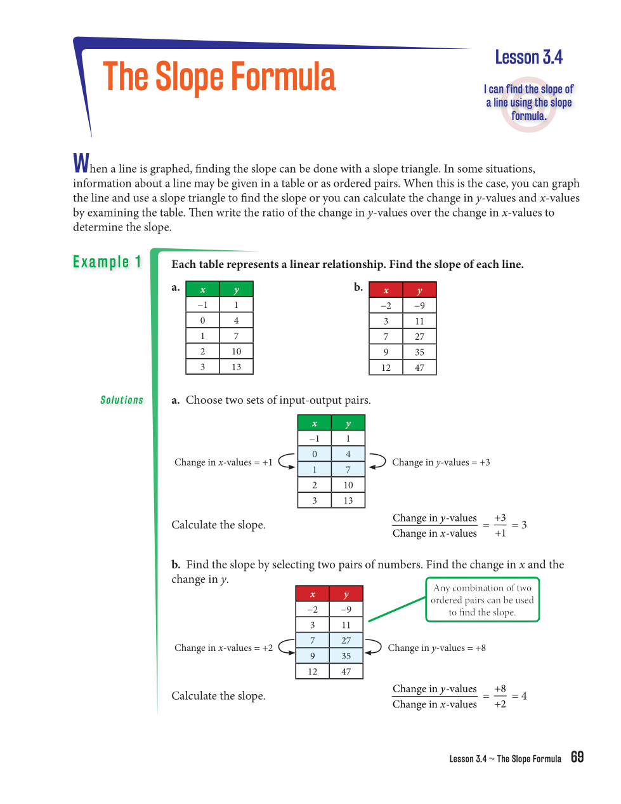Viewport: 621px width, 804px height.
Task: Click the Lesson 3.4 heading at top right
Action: pyautogui.click(x=528, y=58)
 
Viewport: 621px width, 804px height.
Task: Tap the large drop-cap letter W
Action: pyautogui.click(x=81, y=163)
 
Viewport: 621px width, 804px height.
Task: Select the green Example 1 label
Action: pyautogui.click(x=107, y=262)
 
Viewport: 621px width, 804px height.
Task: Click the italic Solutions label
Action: pyautogui.click(x=122, y=400)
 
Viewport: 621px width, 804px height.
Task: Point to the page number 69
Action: pyautogui.click(x=577, y=757)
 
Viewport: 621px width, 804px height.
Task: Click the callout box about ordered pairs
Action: pyautogui.click(x=482, y=600)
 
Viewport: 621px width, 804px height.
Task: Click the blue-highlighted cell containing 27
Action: pyautogui.click(x=346, y=640)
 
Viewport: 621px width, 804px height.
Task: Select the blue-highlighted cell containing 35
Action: pyautogui.click(x=346, y=656)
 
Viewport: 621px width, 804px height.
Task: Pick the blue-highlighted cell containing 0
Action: pyautogui.click(x=315, y=454)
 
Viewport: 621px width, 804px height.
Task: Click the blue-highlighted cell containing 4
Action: pyautogui.click(x=348, y=454)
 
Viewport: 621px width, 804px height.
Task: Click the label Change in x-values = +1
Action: pyautogui.click(x=223, y=462)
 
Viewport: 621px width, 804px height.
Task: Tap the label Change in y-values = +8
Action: pyautogui.click(x=436, y=648)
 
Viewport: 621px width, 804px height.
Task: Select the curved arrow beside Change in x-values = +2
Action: pyautogui.click(x=287, y=647)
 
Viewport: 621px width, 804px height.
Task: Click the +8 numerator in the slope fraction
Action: pyautogui.click(x=500, y=688)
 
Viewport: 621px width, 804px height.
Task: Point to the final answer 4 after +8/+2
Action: pyautogui.click(x=524, y=696)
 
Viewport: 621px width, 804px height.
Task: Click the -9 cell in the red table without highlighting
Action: pyautogui.click(x=419, y=305)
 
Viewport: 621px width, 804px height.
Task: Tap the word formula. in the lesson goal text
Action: pyautogui.click(x=529, y=116)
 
